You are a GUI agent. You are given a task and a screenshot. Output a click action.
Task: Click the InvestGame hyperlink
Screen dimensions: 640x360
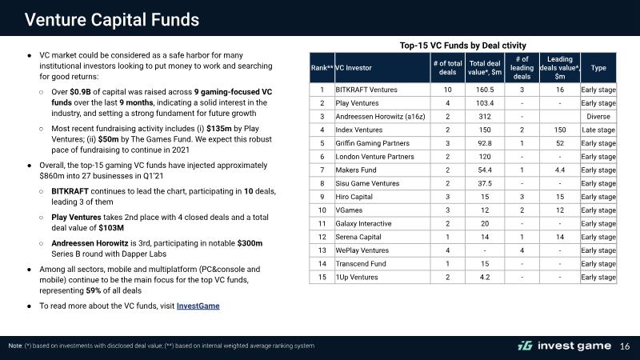click(x=198, y=306)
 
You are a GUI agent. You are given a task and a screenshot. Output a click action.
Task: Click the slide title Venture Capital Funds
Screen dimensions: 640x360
click(x=112, y=19)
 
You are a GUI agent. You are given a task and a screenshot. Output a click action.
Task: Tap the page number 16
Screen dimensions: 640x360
click(x=625, y=346)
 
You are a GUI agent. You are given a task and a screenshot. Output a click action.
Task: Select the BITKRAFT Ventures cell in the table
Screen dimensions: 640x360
click(x=366, y=90)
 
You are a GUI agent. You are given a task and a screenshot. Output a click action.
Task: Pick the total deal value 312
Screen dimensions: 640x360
click(x=485, y=117)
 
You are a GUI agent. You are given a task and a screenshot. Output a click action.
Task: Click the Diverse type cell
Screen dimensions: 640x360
click(x=598, y=117)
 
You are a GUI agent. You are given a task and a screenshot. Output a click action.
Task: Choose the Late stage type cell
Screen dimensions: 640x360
click(x=598, y=130)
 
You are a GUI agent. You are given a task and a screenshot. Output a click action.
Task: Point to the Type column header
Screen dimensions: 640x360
click(x=598, y=68)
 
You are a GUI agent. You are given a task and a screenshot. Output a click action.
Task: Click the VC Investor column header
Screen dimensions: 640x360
click(x=354, y=68)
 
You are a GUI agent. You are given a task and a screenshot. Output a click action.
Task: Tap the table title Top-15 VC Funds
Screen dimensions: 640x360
click(x=463, y=46)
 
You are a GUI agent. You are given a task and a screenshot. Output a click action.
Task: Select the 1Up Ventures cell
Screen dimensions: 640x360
click(x=357, y=277)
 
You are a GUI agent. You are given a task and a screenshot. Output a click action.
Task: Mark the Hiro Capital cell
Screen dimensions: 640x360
click(x=354, y=197)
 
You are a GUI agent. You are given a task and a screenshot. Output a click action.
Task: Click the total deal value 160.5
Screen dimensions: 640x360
click(x=485, y=90)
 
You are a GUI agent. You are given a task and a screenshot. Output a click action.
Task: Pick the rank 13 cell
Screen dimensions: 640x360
click(x=322, y=250)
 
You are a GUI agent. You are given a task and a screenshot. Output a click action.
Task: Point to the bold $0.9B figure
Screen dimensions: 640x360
click(x=81, y=92)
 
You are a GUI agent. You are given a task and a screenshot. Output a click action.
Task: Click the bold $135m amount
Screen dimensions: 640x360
click(x=218, y=129)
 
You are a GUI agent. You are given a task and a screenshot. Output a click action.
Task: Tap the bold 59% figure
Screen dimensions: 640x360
click(x=93, y=290)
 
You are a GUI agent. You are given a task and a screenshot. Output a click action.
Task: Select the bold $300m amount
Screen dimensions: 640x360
click(x=250, y=243)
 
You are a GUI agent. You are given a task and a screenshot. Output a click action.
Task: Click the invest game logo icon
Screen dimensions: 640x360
click(x=525, y=346)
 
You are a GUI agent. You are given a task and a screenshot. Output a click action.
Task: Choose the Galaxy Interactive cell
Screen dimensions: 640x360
click(x=363, y=224)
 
